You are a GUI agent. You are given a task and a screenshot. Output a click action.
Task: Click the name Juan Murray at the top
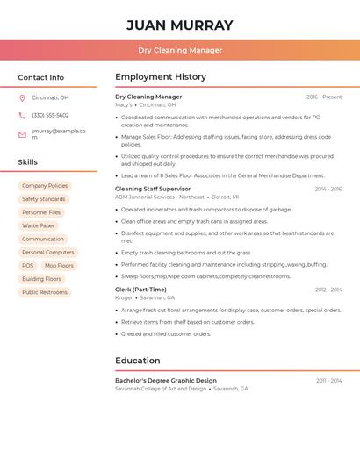(x=180, y=25)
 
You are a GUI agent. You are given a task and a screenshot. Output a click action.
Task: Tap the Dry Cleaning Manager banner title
(x=180, y=50)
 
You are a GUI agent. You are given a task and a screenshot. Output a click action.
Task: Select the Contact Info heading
(x=41, y=77)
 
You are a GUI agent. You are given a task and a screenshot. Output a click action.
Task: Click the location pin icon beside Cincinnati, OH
(x=22, y=97)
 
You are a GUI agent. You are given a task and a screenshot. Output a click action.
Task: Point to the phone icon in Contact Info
(x=22, y=115)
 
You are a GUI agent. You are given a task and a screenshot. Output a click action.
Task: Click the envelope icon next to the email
(x=22, y=134)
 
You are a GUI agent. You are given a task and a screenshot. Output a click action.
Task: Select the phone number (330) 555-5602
(x=50, y=115)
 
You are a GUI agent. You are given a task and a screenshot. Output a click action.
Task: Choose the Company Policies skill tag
(x=45, y=186)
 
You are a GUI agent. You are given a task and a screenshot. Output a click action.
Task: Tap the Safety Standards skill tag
(x=44, y=199)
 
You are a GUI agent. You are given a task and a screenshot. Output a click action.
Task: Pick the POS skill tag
(x=28, y=266)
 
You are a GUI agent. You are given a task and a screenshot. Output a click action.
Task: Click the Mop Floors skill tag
(x=59, y=266)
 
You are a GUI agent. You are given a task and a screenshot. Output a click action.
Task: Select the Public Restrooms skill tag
(x=45, y=292)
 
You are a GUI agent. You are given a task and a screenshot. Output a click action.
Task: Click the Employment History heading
(x=161, y=77)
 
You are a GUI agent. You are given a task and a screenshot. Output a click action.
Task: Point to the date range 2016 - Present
(x=324, y=97)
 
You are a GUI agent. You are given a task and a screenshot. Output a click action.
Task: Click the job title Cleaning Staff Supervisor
(x=153, y=189)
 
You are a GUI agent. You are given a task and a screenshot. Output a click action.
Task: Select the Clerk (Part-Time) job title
(x=140, y=290)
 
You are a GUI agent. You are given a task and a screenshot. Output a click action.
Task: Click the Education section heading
(x=138, y=361)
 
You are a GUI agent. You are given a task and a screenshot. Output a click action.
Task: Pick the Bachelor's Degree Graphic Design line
(x=166, y=380)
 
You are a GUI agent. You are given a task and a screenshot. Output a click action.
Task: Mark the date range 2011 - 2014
(x=329, y=381)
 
